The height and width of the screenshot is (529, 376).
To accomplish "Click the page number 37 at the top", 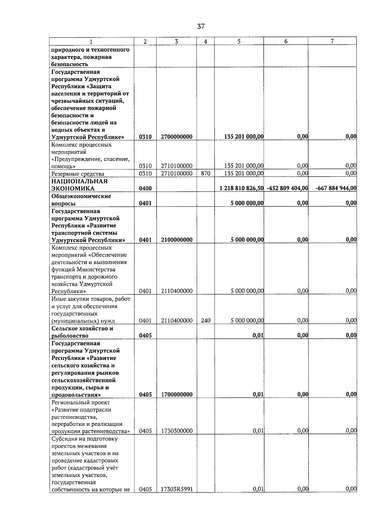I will click(201, 27).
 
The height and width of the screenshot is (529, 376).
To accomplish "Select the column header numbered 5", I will click(239, 41).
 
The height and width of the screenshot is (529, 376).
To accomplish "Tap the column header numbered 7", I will click(332, 41).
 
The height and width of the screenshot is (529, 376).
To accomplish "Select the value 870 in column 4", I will click(205, 174).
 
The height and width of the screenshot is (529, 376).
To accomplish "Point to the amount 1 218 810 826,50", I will click(241, 188).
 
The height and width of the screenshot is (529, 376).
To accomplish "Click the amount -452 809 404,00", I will click(287, 188).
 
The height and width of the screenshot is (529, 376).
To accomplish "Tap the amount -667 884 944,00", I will click(336, 188).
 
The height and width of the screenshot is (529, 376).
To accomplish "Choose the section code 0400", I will click(145, 188).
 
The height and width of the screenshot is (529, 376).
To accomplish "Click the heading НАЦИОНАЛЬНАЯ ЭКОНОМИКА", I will click(79, 185).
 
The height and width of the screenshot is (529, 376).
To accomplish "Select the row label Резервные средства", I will click(78, 174).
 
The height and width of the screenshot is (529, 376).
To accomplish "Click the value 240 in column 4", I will click(206, 320).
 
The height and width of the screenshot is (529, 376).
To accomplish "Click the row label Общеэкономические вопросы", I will click(81, 200).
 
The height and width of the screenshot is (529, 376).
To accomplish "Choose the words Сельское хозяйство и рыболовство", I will click(82, 332).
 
